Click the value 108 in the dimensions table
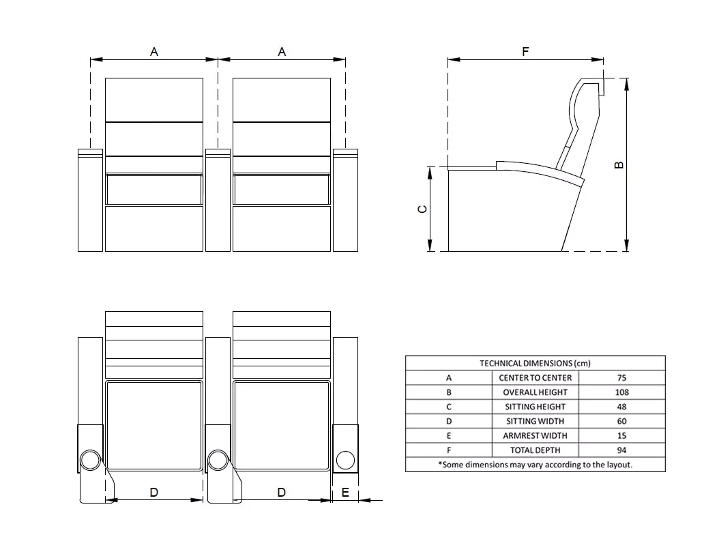[621, 392]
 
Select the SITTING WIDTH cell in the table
[535, 421]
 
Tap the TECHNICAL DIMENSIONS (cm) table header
[535, 363]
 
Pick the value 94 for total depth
[621, 450]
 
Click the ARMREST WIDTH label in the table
[535, 435]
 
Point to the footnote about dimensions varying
[535, 464]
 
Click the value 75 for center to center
[621, 377]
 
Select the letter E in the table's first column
[449, 435]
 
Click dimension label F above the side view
[525, 51]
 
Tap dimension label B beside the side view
[619, 164]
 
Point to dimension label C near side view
[423, 209]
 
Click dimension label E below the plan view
[345, 492]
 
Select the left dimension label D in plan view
[154, 492]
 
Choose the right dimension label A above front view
[282, 52]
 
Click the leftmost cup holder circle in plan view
[90, 461]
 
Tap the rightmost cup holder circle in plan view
[345, 461]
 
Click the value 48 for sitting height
[621, 407]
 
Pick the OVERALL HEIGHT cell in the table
[535, 392]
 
